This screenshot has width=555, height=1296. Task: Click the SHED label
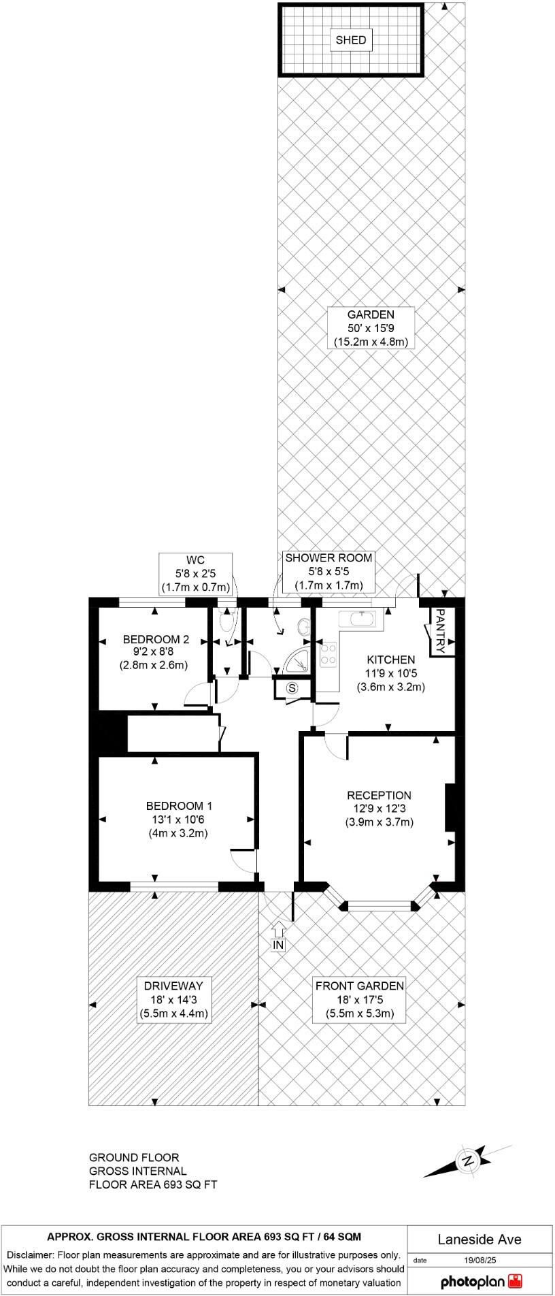[351, 40]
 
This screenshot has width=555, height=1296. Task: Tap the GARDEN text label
[371, 314]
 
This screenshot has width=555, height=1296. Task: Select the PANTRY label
[440, 630]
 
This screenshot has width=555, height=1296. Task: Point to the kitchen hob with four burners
[329, 654]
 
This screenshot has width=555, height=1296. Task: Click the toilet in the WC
[226, 621]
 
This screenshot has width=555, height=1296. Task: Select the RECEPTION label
[379, 795]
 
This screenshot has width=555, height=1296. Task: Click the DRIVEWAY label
[173, 986]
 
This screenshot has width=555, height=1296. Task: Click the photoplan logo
[480, 1282]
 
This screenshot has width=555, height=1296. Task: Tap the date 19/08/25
[479, 1260]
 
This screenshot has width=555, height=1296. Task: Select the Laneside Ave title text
[480, 1240]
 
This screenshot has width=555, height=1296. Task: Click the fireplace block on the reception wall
[449, 807]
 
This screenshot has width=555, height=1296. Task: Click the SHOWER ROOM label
[329, 558]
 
